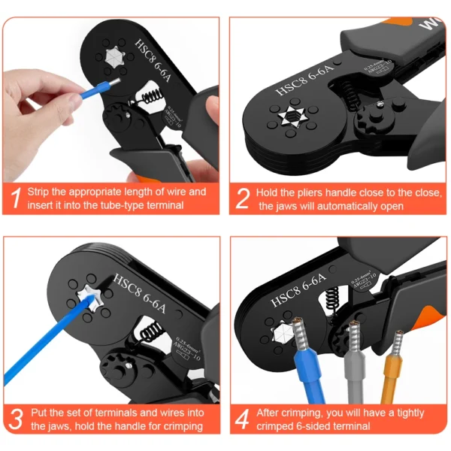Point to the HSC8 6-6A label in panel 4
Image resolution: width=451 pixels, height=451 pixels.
[x=298, y=293]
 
